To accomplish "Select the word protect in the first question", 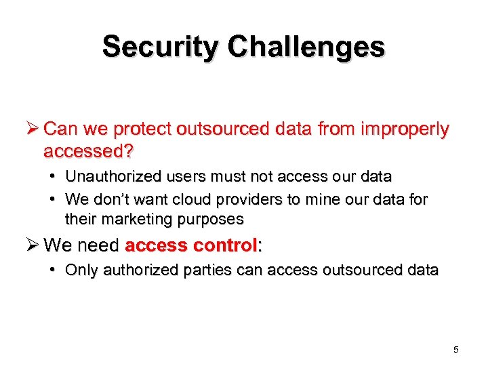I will (143, 129).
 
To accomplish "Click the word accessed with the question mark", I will (87, 149).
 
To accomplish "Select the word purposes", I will (210, 219).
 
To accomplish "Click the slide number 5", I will (456, 350).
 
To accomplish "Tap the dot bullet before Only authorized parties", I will (53, 270).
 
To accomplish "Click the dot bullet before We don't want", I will (53, 199).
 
